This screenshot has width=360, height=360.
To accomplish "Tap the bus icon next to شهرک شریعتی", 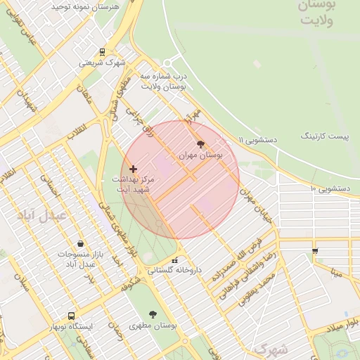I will tap(103, 51).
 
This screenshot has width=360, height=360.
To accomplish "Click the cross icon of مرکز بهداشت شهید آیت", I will tap(133, 169).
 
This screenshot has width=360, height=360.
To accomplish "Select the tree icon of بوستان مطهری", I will tap(153, 314).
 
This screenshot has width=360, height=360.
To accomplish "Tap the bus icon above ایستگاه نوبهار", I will tap(71, 316).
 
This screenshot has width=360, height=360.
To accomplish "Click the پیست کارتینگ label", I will tap(324, 135).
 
